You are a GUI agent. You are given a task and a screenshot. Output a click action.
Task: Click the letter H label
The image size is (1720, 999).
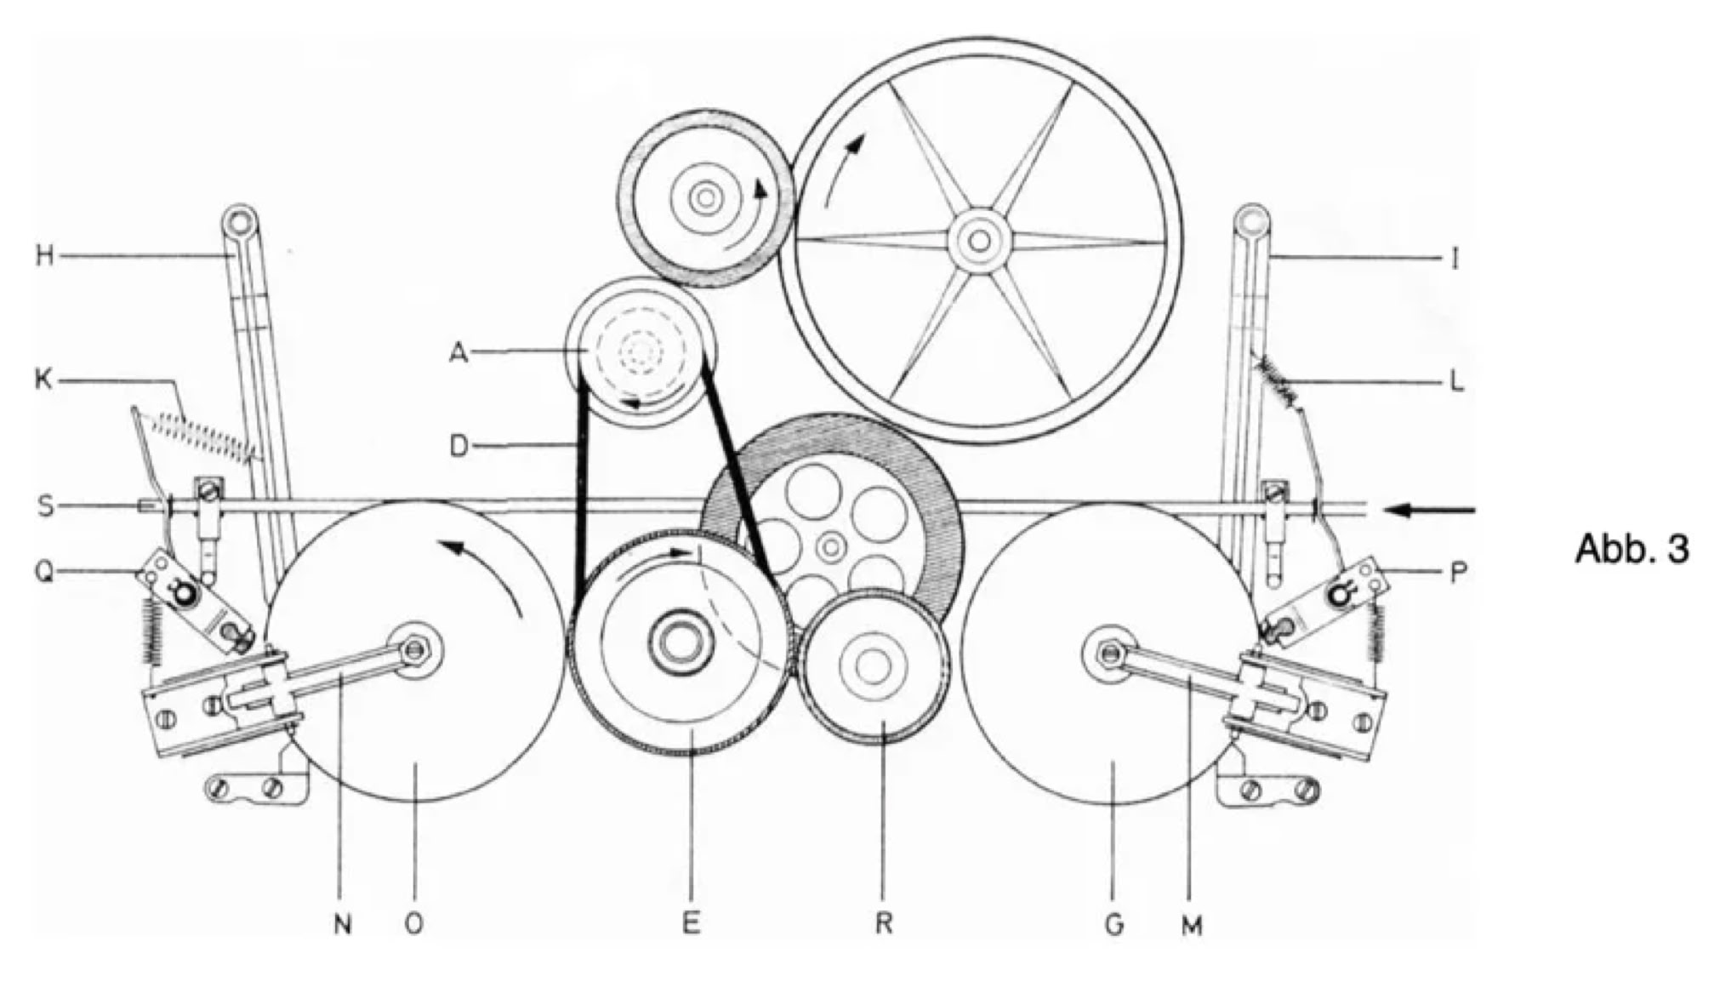(44, 255)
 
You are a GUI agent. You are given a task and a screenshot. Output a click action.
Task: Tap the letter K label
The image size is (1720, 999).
(44, 380)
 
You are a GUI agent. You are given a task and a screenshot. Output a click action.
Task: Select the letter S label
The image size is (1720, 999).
(45, 506)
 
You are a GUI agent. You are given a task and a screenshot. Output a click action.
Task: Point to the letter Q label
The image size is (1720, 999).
(44, 573)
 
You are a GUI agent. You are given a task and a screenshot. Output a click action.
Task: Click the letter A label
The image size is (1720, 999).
(459, 351)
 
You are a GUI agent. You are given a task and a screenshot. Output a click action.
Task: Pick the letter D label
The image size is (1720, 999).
(459, 445)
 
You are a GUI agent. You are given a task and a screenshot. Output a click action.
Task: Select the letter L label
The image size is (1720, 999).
(1456, 382)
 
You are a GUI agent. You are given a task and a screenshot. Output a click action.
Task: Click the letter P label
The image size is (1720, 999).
(1458, 573)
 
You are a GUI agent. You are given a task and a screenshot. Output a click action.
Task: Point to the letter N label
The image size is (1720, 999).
(342, 924)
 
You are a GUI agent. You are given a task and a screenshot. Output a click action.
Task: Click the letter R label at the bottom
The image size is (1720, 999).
(884, 923)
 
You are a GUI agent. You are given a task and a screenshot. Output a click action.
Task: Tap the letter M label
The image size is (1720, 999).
(1193, 925)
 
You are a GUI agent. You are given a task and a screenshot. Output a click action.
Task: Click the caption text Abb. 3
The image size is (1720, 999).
(1632, 549)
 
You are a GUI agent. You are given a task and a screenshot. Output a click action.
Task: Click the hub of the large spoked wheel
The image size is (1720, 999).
(979, 241)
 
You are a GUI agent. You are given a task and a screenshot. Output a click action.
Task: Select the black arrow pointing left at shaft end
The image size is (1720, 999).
(1429, 511)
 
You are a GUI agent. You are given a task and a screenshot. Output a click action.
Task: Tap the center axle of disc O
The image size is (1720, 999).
(416, 651)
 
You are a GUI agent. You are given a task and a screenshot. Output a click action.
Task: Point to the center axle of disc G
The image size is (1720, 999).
(1108, 653)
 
